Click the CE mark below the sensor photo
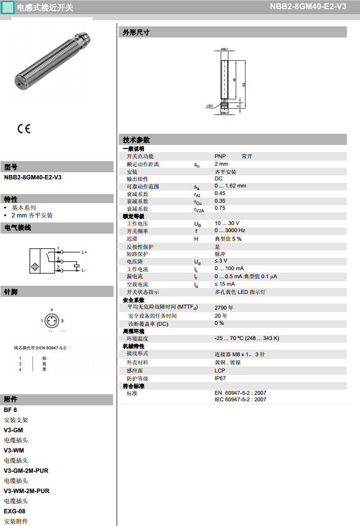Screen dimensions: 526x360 (24, 129)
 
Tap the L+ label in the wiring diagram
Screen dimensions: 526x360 (84, 252)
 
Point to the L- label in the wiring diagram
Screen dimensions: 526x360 (84, 270)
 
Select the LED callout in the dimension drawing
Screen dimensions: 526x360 (209, 106)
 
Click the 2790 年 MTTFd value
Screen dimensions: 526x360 (224, 308)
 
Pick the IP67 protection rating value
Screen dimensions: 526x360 (220, 378)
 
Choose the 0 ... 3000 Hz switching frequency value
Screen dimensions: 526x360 (230, 231)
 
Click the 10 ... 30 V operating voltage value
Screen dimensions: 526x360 (227, 223)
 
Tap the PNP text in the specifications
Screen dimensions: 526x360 (220, 156)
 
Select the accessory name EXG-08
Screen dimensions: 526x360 (14, 511)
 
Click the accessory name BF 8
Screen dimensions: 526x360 (10, 409)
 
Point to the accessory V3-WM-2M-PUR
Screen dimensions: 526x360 (26, 491)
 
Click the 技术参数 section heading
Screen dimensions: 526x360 (136, 140)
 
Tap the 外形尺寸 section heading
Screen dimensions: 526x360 (136, 32)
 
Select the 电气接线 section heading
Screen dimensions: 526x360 (18, 228)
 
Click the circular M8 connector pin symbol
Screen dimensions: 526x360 (52, 321)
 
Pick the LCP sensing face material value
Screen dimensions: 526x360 (220, 370)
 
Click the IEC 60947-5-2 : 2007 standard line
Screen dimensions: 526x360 (240, 399)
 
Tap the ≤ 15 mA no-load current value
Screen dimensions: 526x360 (225, 284)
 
